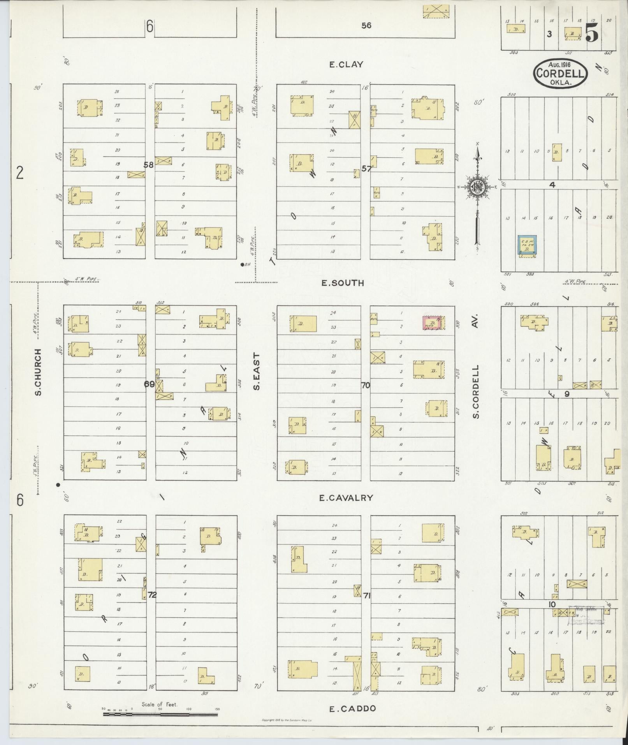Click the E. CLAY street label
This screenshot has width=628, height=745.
(x=346, y=65)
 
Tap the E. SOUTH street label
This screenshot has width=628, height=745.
(x=343, y=283)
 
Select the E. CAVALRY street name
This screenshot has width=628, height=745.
(x=346, y=498)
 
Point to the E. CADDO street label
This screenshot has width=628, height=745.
(x=353, y=709)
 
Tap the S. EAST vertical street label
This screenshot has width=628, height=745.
(x=256, y=371)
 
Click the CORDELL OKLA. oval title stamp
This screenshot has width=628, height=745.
(x=561, y=73)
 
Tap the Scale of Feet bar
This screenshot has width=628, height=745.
(x=160, y=714)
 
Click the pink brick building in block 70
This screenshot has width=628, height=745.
(x=432, y=323)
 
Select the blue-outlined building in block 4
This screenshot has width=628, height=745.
(x=527, y=245)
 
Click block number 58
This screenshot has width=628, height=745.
(x=148, y=165)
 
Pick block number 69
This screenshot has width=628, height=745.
(x=149, y=384)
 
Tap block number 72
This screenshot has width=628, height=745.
(x=152, y=595)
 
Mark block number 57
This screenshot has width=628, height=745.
(x=366, y=169)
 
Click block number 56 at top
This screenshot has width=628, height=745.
(x=366, y=25)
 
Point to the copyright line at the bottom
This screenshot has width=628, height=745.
(x=288, y=720)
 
